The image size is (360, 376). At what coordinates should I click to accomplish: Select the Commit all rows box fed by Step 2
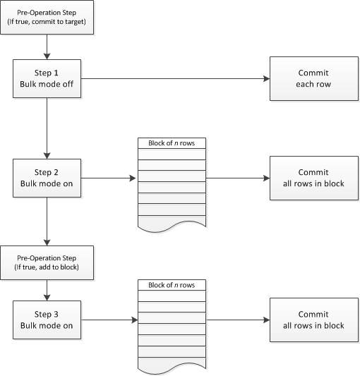pos(313,178)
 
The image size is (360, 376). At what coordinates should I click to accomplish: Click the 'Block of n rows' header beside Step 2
pos(172,143)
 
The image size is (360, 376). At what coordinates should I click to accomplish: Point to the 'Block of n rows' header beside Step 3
pos(172,285)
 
